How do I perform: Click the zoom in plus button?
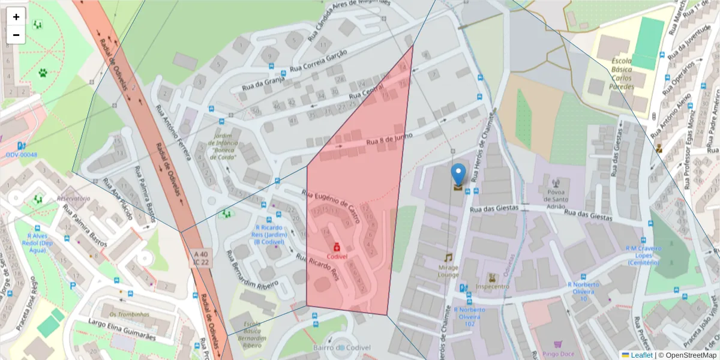point(16,17)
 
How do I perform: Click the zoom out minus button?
point(16,35)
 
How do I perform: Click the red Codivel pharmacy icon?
point(337,247)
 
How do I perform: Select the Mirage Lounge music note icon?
point(448,257)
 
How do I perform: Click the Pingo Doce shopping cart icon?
point(557,344)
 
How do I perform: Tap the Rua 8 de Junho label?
point(389,139)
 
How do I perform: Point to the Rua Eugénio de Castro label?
point(330,207)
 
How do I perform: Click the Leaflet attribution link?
point(641,355)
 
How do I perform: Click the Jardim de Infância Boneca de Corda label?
point(223,146)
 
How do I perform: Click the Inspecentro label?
point(492,286)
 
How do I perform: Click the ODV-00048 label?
point(21,155)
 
